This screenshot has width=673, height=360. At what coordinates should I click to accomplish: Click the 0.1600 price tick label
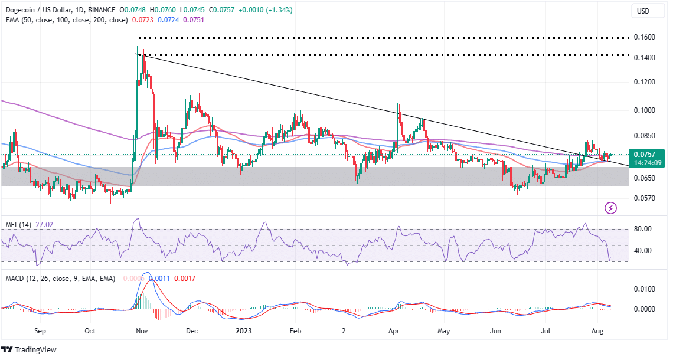pos(644,37)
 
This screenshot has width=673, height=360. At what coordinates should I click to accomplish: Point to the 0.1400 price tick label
pos(644,57)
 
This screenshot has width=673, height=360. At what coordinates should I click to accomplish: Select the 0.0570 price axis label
pos(644,198)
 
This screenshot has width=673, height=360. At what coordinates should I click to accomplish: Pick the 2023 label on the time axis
pos(243,331)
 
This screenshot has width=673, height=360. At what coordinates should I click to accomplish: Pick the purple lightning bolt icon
pos(611,208)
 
